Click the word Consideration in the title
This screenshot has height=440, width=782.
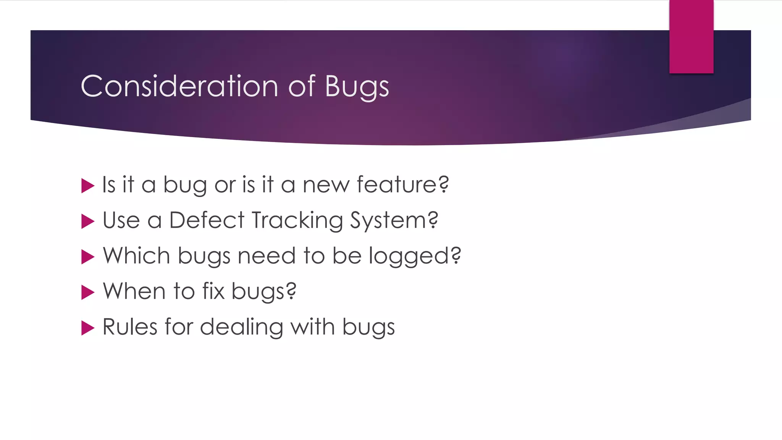179,86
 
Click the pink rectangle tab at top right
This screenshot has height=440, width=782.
691,37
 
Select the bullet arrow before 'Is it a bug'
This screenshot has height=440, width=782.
87,186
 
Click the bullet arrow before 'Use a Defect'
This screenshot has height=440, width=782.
87,222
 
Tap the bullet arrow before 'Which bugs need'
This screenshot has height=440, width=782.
87,257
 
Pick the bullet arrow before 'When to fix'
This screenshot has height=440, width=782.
87,293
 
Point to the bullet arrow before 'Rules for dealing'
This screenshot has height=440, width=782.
87,328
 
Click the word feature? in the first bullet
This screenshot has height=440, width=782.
402,185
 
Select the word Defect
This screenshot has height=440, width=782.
207,220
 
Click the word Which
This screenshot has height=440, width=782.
136,256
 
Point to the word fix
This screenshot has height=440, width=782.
213,291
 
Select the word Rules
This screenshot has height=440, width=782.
130,327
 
